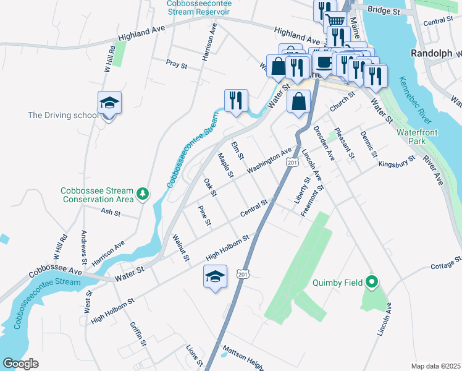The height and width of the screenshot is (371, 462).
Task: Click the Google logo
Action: click(x=21, y=364)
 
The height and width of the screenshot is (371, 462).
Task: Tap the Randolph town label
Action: click(x=432, y=53)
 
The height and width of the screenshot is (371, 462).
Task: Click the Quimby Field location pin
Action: click(x=371, y=282)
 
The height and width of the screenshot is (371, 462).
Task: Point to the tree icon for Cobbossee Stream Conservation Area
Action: click(x=143, y=194)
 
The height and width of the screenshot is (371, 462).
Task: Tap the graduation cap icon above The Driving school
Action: click(x=109, y=103)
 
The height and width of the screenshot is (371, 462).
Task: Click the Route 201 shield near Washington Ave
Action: click(x=293, y=162)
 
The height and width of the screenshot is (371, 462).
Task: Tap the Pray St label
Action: click(x=176, y=62)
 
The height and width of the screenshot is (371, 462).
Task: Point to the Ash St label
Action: click(x=109, y=211)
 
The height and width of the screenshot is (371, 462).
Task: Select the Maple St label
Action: click(x=225, y=166)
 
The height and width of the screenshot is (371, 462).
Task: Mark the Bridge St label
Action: click(x=384, y=11)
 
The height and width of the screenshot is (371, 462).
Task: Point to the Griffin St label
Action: click(x=138, y=334)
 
